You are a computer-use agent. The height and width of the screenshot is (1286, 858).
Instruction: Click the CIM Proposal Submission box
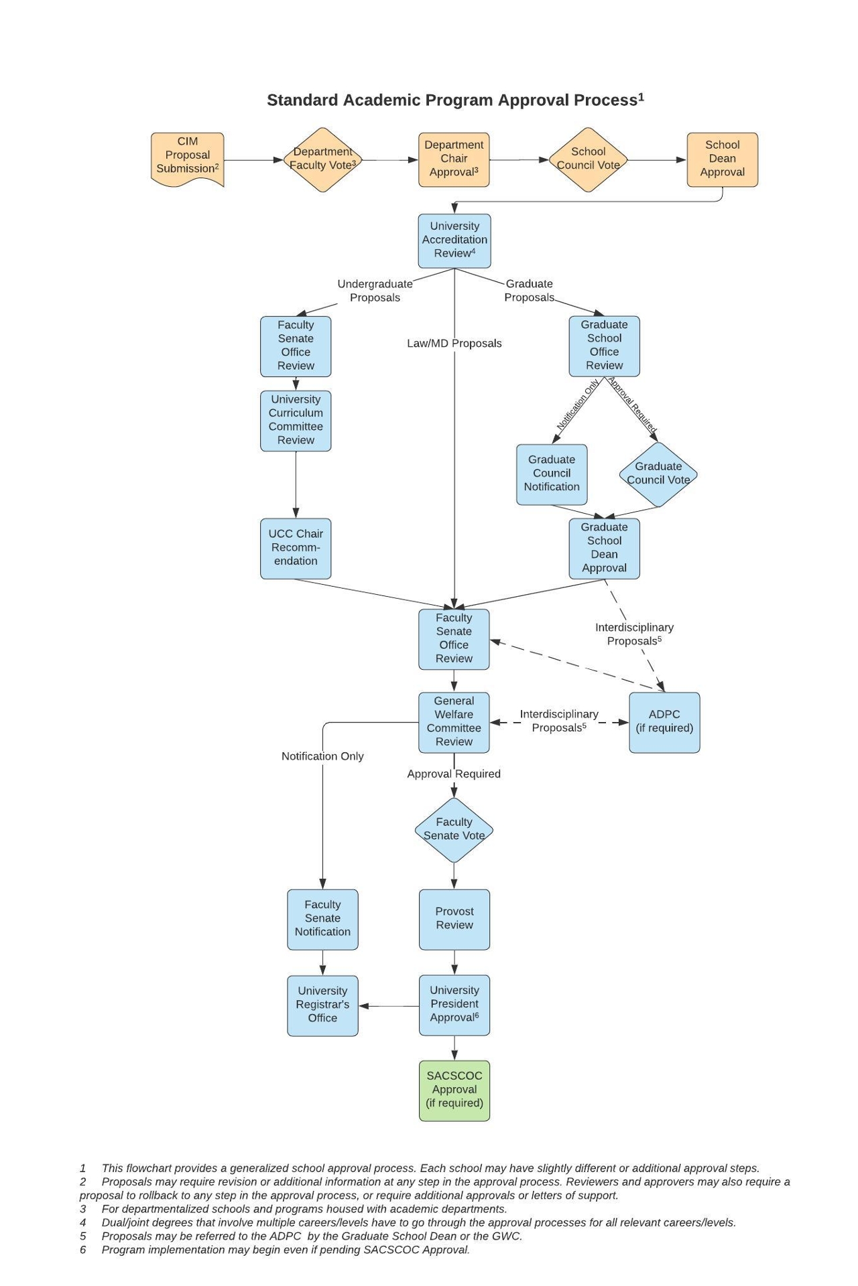(187, 158)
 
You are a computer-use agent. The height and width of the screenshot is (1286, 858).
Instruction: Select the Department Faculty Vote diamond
(322, 159)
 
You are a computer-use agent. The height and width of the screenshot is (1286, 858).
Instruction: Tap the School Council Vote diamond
(588, 159)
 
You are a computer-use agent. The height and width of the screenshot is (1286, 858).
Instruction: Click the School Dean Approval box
(722, 159)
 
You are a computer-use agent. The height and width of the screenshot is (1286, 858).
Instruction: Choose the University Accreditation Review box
(454, 240)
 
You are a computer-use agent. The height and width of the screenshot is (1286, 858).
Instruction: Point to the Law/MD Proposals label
(454, 344)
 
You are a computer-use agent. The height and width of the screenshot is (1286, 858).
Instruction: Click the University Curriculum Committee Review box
(296, 421)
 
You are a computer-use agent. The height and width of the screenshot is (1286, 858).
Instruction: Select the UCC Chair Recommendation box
(296, 548)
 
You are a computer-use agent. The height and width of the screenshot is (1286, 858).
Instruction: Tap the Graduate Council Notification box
(552, 474)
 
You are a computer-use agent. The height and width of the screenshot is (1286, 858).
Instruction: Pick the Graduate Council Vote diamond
(658, 474)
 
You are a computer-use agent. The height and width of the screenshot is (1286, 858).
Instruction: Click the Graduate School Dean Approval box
(604, 548)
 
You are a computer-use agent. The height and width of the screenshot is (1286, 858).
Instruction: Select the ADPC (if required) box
(664, 722)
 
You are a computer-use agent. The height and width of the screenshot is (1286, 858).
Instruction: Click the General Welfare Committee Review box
(454, 722)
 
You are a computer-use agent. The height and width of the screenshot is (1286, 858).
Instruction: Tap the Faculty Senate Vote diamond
(454, 830)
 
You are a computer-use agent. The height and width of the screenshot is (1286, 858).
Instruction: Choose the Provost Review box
(454, 919)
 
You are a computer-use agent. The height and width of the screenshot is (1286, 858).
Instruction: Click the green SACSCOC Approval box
(454, 1090)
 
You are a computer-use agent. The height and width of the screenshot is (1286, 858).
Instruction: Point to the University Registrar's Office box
(322, 1005)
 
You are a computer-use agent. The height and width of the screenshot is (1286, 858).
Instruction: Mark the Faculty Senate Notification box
(322, 919)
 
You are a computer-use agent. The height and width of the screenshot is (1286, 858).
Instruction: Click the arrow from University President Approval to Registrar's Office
(389, 1006)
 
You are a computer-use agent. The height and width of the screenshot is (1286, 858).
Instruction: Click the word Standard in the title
(302, 100)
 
